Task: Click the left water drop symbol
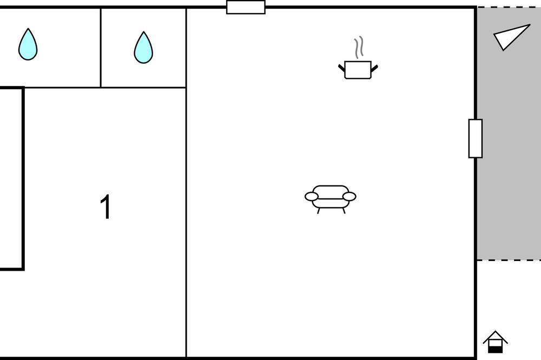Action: pyautogui.click(x=28, y=44)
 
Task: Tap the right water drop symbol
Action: pyautogui.click(x=143, y=48)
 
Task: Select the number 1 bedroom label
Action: pyautogui.click(x=106, y=206)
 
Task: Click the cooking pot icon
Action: pyautogui.click(x=358, y=70)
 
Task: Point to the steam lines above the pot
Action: pyautogui.click(x=359, y=48)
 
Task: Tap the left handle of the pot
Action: pyautogui.click(x=341, y=68)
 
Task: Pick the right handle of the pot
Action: pyautogui.click(x=374, y=68)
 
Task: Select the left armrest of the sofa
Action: pyautogui.click(x=312, y=197)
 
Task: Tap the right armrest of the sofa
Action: pyautogui.click(x=349, y=197)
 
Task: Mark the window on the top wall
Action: pyautogui.click(x=246, y=7)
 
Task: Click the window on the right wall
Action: pyautogui.click(x=476, y=138)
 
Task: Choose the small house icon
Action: pyautogui.click(x=495, y=342)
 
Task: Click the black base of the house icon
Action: pyautogui.click(x=495, y=350)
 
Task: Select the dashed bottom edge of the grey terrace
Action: pyautogui.click(x=509, y=260)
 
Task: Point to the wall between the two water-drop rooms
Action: pyautogui.click(x=101, y=48)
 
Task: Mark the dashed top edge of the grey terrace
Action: pyautogui.click(x=509, y=7)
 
